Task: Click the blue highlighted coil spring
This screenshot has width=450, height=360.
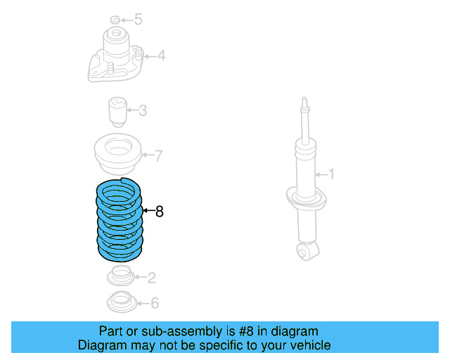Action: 120,219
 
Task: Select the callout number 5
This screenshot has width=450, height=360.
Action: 138,20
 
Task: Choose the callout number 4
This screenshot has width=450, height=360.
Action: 161,55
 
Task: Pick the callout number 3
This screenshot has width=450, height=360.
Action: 143,110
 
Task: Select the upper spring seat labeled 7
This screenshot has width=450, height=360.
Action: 117,155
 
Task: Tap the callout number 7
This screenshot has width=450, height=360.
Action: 159,155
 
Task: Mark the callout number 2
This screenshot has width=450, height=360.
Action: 151,278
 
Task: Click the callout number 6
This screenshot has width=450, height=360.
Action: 155,303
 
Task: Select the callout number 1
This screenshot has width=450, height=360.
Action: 333,174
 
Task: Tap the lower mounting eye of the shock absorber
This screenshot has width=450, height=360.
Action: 305,250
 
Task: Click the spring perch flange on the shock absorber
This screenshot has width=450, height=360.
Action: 307,197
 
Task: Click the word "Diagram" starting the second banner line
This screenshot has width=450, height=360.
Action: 99,345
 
